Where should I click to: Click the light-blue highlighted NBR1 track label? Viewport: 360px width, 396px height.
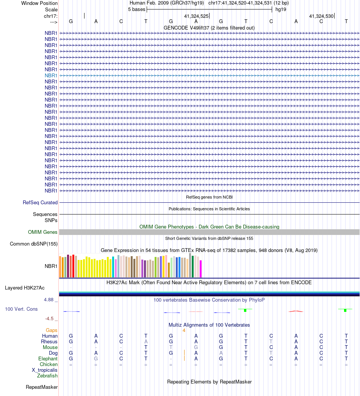tap(51, 75)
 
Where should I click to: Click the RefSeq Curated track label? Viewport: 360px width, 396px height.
tap(40, 202)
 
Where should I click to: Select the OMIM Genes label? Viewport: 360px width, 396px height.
tap(43, 232)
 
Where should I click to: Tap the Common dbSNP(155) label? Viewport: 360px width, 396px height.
tap(34, 244)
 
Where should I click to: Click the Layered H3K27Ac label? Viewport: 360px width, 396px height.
tap(25, 288)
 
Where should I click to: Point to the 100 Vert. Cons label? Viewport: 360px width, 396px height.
tap(21, 309)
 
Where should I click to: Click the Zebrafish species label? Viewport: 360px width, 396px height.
tap(47, 376)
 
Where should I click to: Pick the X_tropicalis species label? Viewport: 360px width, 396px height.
tap(45, 370)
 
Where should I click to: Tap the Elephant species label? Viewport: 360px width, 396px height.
tap(48, 359)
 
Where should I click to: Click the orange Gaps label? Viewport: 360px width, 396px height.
tap(52, 330)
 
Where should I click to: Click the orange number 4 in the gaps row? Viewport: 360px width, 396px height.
tap(184, 330)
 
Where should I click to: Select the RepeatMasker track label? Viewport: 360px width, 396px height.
tap(42, 387)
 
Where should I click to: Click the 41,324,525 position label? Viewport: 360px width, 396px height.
tap(196, 16)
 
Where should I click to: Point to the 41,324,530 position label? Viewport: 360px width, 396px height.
tap(321, 16)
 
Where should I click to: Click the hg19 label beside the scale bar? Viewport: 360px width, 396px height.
tap(281, 9)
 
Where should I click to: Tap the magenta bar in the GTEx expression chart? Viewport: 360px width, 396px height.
tap(201, 269)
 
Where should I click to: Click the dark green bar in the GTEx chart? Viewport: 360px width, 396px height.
tap(193, 267)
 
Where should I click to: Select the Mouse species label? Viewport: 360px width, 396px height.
tap(50, 347)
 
